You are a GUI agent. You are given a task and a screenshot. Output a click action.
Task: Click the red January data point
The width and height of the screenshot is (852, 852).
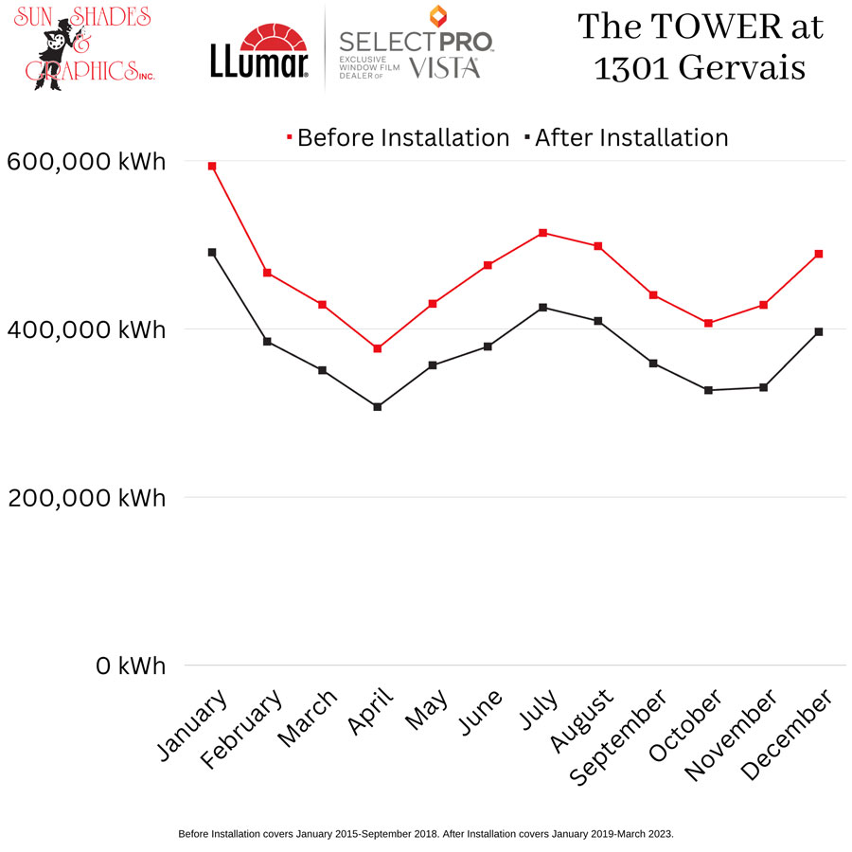click(x=212, y=166)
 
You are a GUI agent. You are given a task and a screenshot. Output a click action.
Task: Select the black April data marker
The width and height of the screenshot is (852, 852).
click(x=377, y=407)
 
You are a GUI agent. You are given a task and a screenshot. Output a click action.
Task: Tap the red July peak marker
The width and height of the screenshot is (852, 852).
click(x=542, y=233)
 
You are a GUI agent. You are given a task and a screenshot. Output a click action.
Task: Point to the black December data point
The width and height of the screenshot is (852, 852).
click(x=819, y=331)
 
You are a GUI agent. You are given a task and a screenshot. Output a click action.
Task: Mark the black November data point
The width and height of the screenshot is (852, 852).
click(x=763, y=387)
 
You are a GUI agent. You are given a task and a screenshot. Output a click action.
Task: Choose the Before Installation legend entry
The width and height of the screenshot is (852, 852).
click(x=398, y=138)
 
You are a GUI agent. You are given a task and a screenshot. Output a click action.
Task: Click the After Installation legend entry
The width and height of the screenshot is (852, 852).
click(x=627, y=138)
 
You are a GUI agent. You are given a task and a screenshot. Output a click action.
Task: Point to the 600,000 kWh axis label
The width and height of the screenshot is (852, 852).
click(x=86, y=162)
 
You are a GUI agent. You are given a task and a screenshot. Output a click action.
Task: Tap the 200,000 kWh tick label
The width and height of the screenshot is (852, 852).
click(x=86, y=498)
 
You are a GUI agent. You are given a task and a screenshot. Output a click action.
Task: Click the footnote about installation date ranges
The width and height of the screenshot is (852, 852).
click(x=425, y=834)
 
